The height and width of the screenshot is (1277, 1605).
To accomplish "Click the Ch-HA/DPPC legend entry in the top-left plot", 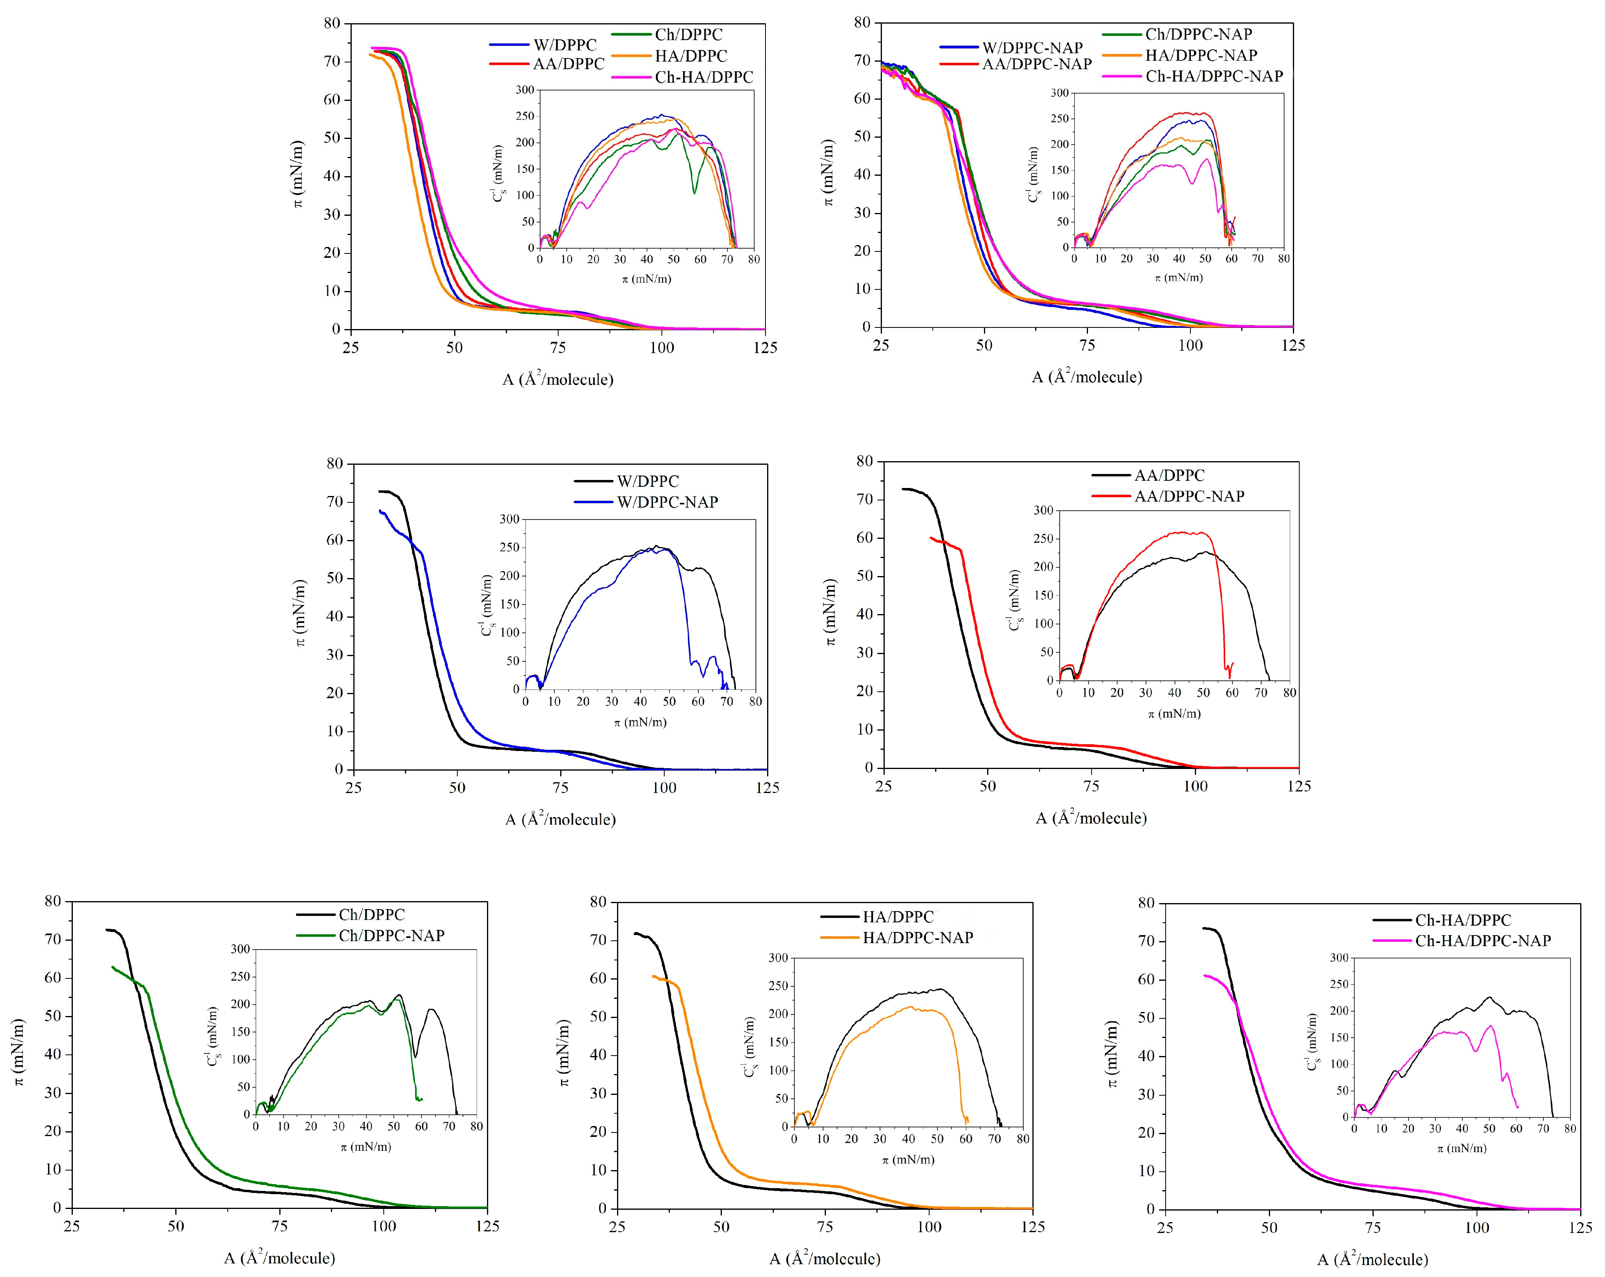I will tap(703, 77).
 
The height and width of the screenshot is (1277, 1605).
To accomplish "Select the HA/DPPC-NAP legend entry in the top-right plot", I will tap(1201, 55).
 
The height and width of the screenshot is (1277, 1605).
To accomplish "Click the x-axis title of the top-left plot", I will tap(557, 379).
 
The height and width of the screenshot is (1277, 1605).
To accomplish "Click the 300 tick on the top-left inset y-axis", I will tap(525, 90).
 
